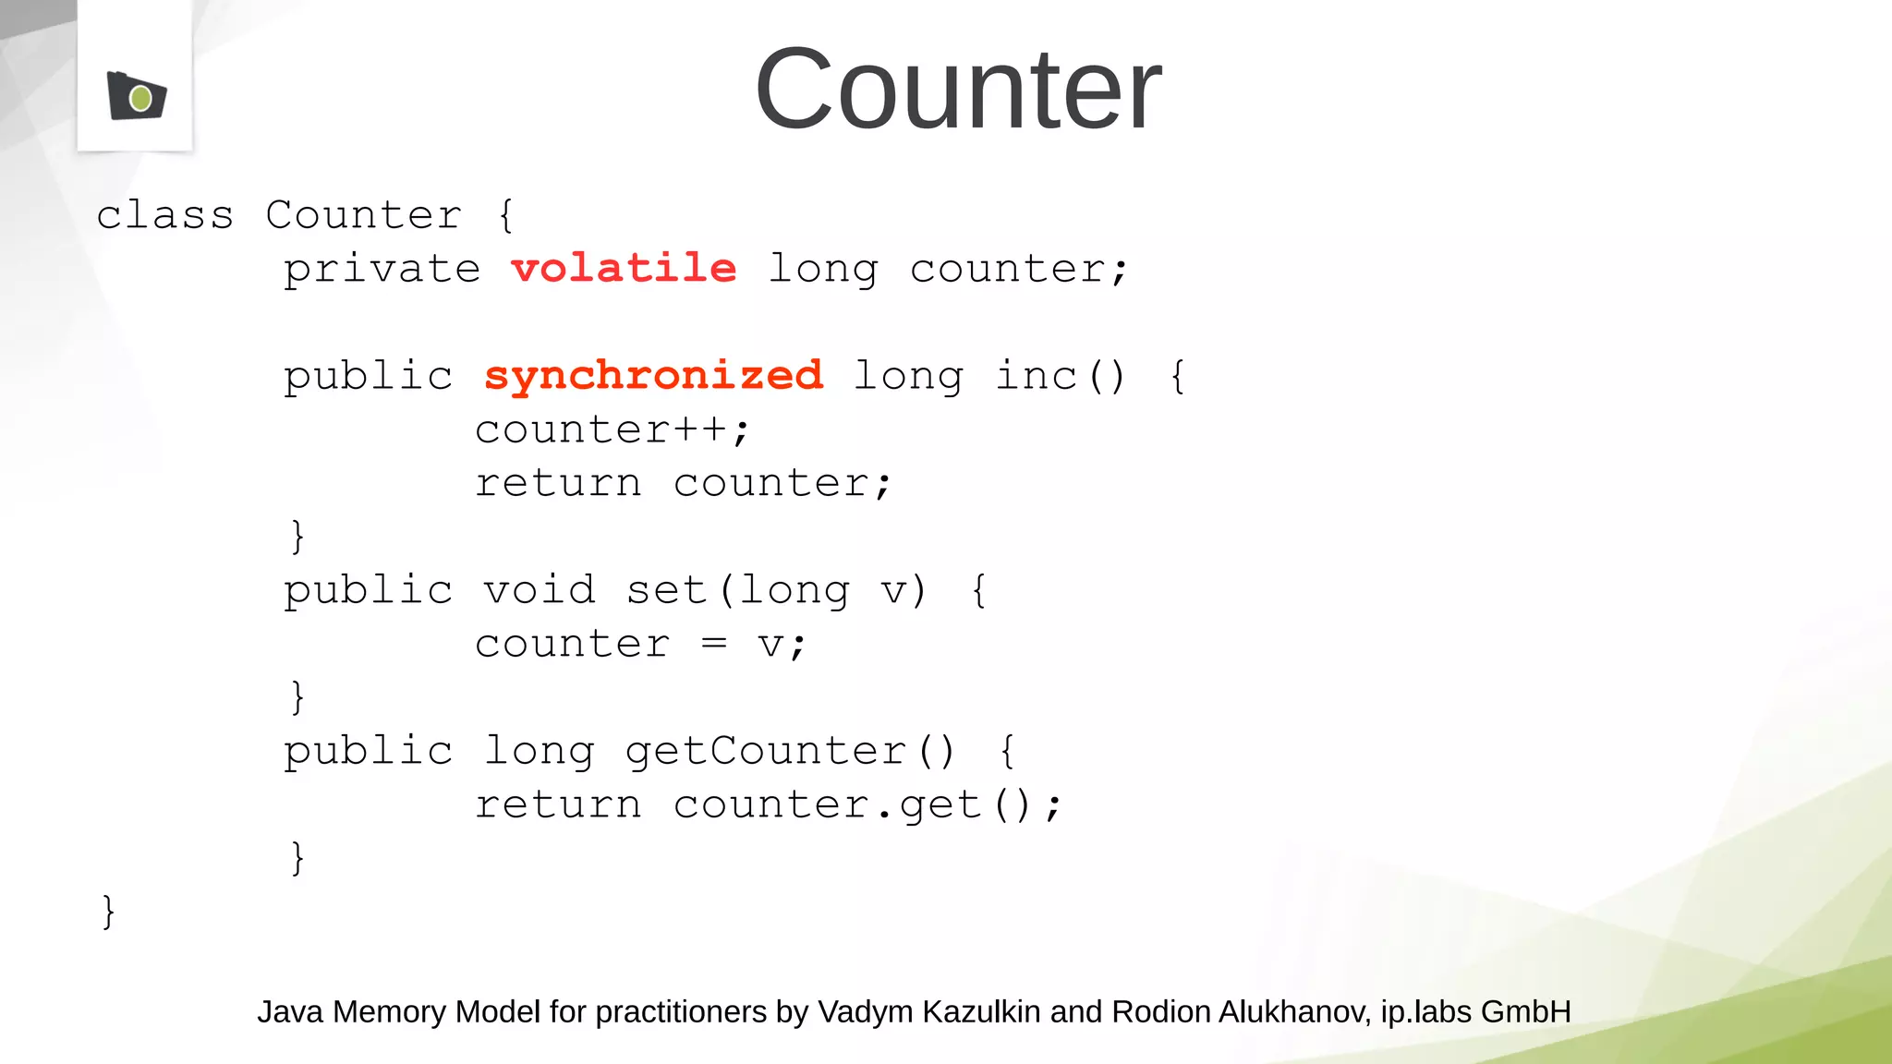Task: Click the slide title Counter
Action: pos(957,90)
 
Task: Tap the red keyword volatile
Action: pos(624,269)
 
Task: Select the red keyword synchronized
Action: pos(653,376)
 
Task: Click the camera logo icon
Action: pos(137,96)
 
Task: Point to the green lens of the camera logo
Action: pos(140,98)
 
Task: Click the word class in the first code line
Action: pos(164,215)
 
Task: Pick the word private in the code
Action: pos(382,270)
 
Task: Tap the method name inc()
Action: pos(1060,376)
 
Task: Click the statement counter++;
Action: pos(612,429)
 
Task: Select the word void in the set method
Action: pos(540,590)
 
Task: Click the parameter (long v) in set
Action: pos(822,590)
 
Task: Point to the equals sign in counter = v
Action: pos(713,643)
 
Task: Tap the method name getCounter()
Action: pos(790,751)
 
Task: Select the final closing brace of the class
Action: pos(108,911)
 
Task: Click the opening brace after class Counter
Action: pos(505,215)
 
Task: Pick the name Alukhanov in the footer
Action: pos(1294,1012)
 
